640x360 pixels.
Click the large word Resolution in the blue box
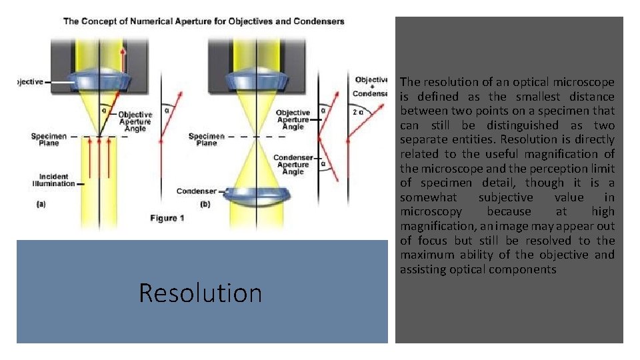click(200, 293)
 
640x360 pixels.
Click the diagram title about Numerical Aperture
click(203, 21)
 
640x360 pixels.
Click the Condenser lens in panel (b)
click(257, 195)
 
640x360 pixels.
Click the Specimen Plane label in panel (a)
click(49, 139)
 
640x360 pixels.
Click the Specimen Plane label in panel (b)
click(207, 139)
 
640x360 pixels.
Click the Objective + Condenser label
click(371, 86)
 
